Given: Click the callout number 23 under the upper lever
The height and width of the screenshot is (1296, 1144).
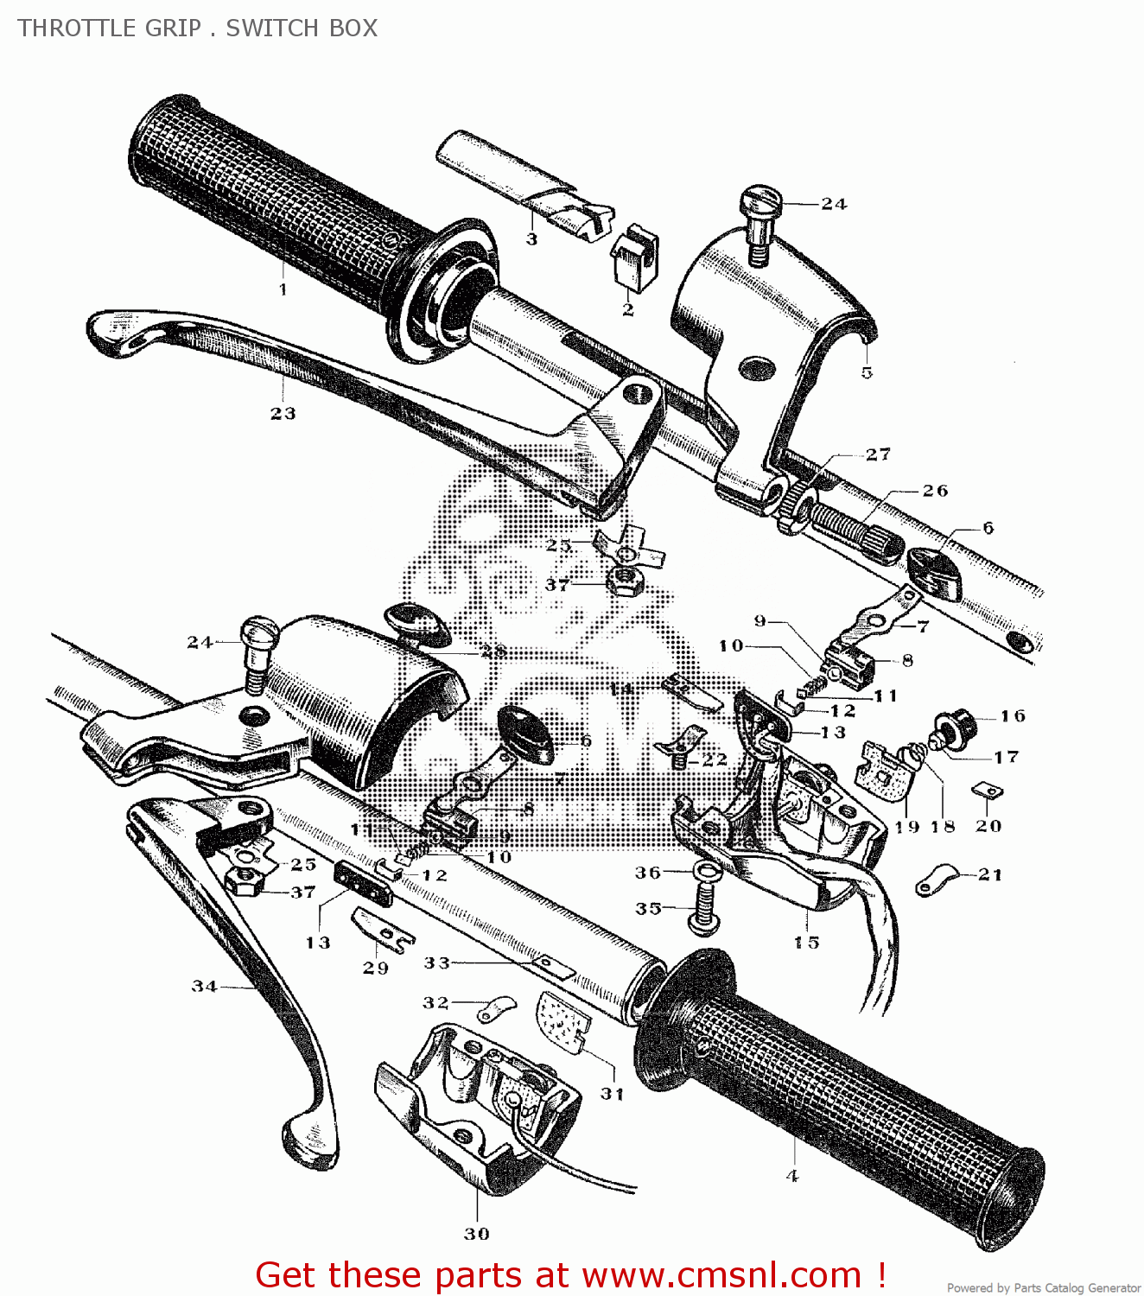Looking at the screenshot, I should [x=283, y=414].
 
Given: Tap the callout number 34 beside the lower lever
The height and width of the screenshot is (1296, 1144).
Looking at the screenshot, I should [x=204, y=986].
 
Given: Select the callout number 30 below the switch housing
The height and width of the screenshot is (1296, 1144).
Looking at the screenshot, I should [x=477, y=1234].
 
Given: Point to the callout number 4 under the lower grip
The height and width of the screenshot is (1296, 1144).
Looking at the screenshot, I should [x=792, y=1176].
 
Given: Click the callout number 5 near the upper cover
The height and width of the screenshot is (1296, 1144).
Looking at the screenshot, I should [x=867, y=372].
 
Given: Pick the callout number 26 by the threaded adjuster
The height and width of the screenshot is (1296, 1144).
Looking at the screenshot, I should [x=935, y=491].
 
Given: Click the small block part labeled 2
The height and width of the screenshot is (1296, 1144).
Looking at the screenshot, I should [x=634, y=257].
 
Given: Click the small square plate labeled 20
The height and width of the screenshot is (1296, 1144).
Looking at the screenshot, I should [x=987, y=791].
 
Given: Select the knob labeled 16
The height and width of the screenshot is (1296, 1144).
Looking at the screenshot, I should [x=959, y=719].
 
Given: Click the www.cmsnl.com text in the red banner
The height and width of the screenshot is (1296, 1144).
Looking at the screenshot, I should [x=721, y=1275].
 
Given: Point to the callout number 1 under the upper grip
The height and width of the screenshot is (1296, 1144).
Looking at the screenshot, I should [x=283, y=289].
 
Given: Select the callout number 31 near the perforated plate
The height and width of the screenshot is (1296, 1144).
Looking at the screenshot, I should [x=612, y=1094].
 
